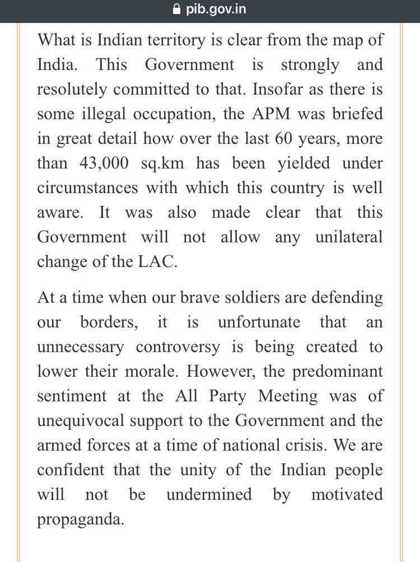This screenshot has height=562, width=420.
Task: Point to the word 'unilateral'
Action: (x=348, y=237)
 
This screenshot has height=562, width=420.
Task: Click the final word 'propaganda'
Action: (x=80, y=520)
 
